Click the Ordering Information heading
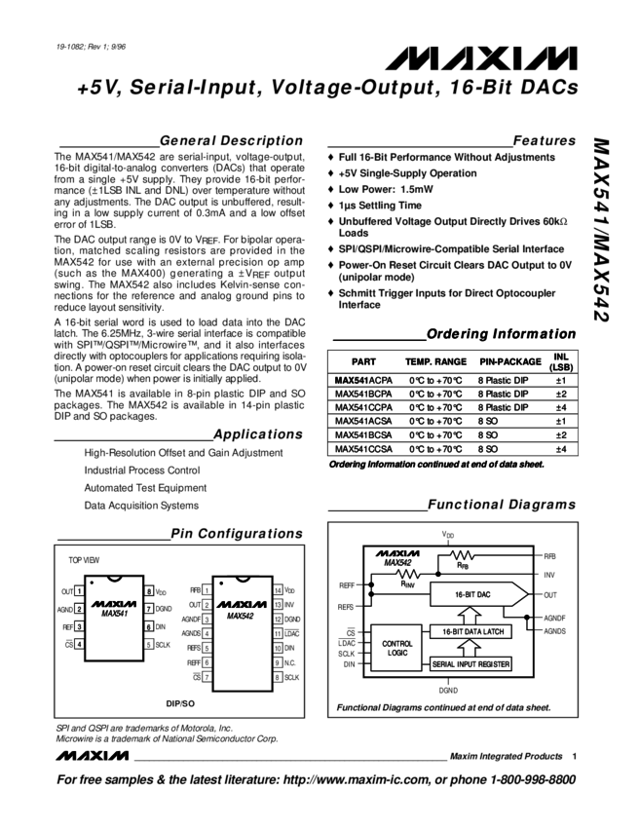click(501, 334)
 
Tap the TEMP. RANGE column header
click(435, 361)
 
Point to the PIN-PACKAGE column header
click(509, 361)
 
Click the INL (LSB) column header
click(561, 361)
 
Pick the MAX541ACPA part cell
click(362, 380)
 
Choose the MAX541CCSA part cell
click(362, 449)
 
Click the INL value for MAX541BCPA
click(561, 394)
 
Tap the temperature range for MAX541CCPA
click(435, 407)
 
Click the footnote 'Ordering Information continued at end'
click(435, 465)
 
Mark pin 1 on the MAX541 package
click(79, 590)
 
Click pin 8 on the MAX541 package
click(149, 590)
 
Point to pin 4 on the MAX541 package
click(79, 644)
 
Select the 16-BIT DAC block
click(474, 593)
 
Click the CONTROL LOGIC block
click(398, 648)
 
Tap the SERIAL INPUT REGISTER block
click(471, 664)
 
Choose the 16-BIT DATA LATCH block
click(471, 631)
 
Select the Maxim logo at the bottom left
click(94, 754)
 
